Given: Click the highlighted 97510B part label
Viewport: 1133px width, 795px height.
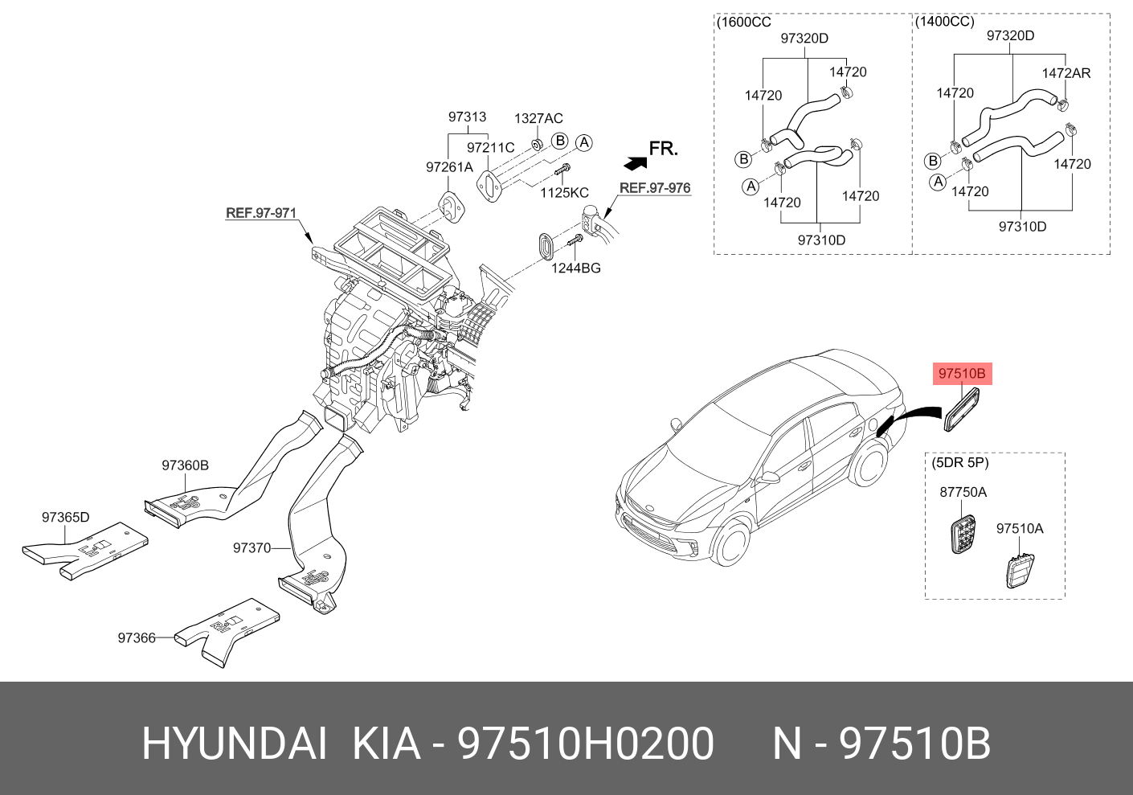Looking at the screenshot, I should [x=962, y=374].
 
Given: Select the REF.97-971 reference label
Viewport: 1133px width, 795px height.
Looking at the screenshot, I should [x=261, y=213].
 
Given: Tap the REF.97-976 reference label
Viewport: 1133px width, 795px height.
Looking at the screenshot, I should [x=655, y=188].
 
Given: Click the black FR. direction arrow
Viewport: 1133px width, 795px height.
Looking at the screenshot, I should [x=636, y=163].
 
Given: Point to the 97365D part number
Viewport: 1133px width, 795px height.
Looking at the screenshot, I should [x=66, y=518].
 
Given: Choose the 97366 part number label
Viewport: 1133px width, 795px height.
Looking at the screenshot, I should [x=137, y=638].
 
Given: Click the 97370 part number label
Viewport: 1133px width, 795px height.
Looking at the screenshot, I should [x=252, y=548].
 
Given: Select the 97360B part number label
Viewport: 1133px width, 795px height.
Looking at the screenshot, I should [x=185, y=465].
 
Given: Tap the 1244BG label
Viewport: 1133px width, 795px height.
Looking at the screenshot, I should [x=575, y=268].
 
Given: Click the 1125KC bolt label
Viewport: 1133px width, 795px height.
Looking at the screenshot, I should [x=564, y=193].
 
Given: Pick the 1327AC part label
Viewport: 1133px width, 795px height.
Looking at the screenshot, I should [x=538, y=119].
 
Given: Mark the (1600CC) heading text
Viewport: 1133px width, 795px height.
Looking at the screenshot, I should [x=743, y=23].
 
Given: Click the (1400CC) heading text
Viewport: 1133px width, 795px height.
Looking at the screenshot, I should [x=944, y=22].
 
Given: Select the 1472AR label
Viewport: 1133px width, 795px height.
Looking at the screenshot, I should [x=1066, y=73].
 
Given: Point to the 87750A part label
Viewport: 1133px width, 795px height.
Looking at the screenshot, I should [x=963, y=492].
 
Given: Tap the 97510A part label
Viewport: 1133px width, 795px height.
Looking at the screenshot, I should [x=1020, y=529].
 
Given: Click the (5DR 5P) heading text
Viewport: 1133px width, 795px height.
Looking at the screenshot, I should [x=960, y=463].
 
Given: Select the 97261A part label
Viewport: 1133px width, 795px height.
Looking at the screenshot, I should [x=449, y=167].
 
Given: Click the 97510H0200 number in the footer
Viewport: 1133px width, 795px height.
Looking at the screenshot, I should [x=586, y=744].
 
